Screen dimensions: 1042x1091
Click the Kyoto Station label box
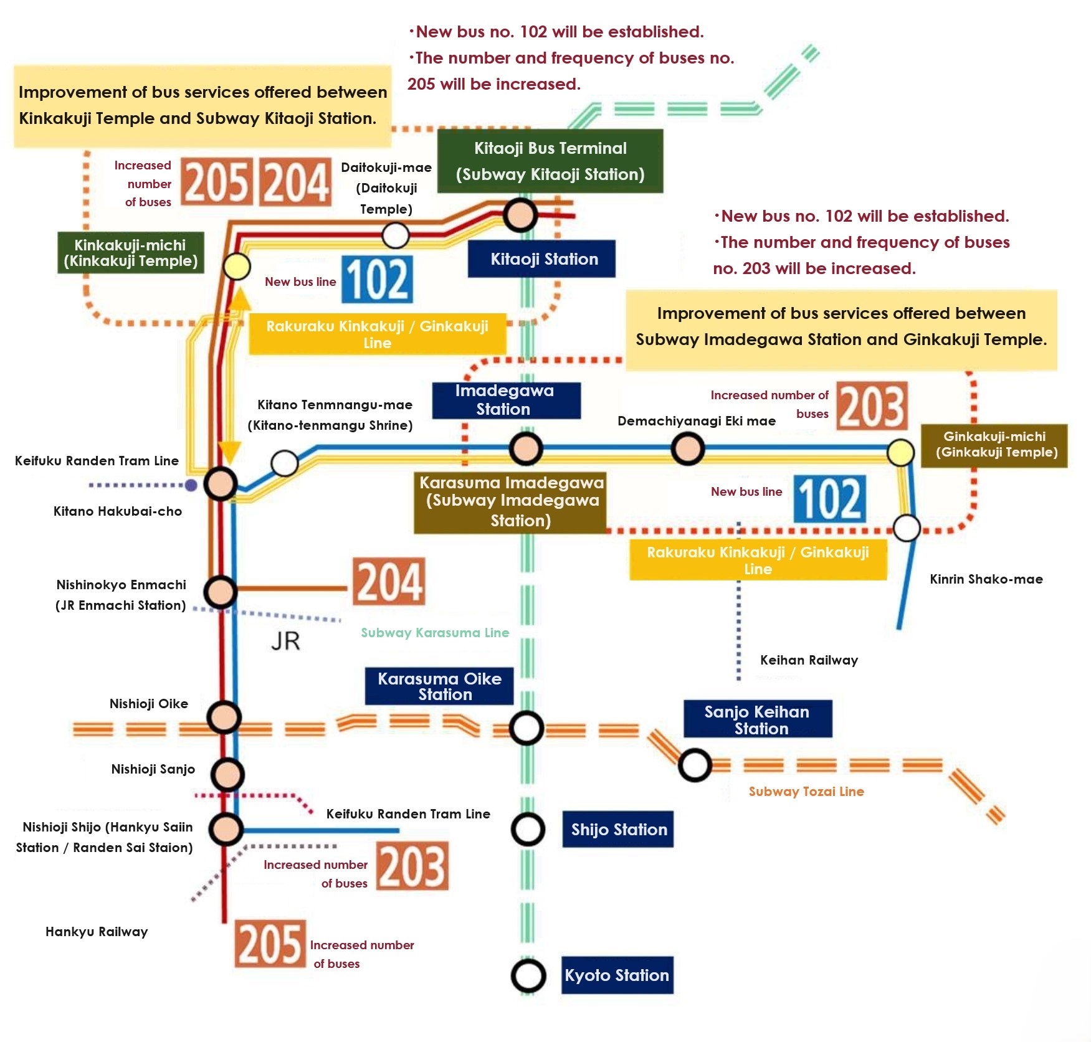(x=617, y=975)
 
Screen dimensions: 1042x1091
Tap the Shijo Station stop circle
(x=528, y=829)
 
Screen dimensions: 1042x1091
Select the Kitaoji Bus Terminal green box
(x=550, y=161)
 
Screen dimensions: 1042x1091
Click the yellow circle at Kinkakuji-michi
(x=237, y=267)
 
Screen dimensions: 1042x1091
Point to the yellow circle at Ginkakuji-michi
(x=900, y=452)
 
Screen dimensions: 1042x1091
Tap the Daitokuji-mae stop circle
(x=396, y=235)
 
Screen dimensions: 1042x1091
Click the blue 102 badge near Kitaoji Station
(x=377, y=280)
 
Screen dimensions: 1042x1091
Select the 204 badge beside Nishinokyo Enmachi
(x=389, y=582)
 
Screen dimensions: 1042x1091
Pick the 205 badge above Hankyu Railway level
(x=270, y=944)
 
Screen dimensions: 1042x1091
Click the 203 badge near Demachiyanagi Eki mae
(x=872, y=406)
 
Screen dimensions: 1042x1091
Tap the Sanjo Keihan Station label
(x=757, y=719)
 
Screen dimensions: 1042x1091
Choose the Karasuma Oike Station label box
(x=439, y=686)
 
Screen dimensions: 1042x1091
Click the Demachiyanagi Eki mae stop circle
(x=688, y=448)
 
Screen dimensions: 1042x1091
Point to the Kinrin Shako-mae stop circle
(x=907, y=528)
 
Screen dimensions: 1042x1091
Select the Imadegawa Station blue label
(x=506, y=400)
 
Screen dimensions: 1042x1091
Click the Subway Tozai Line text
(x=806, y=792)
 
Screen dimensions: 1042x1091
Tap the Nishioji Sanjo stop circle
(x=227, y=774)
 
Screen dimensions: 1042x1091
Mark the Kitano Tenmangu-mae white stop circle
(x=285, y=463)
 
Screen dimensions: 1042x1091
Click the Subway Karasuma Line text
(x=435, y=633)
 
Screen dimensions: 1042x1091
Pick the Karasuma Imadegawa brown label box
(x=510, y=502)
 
